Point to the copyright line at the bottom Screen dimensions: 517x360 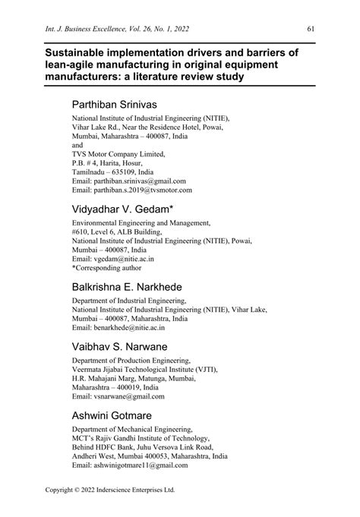(x=111, y=490)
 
